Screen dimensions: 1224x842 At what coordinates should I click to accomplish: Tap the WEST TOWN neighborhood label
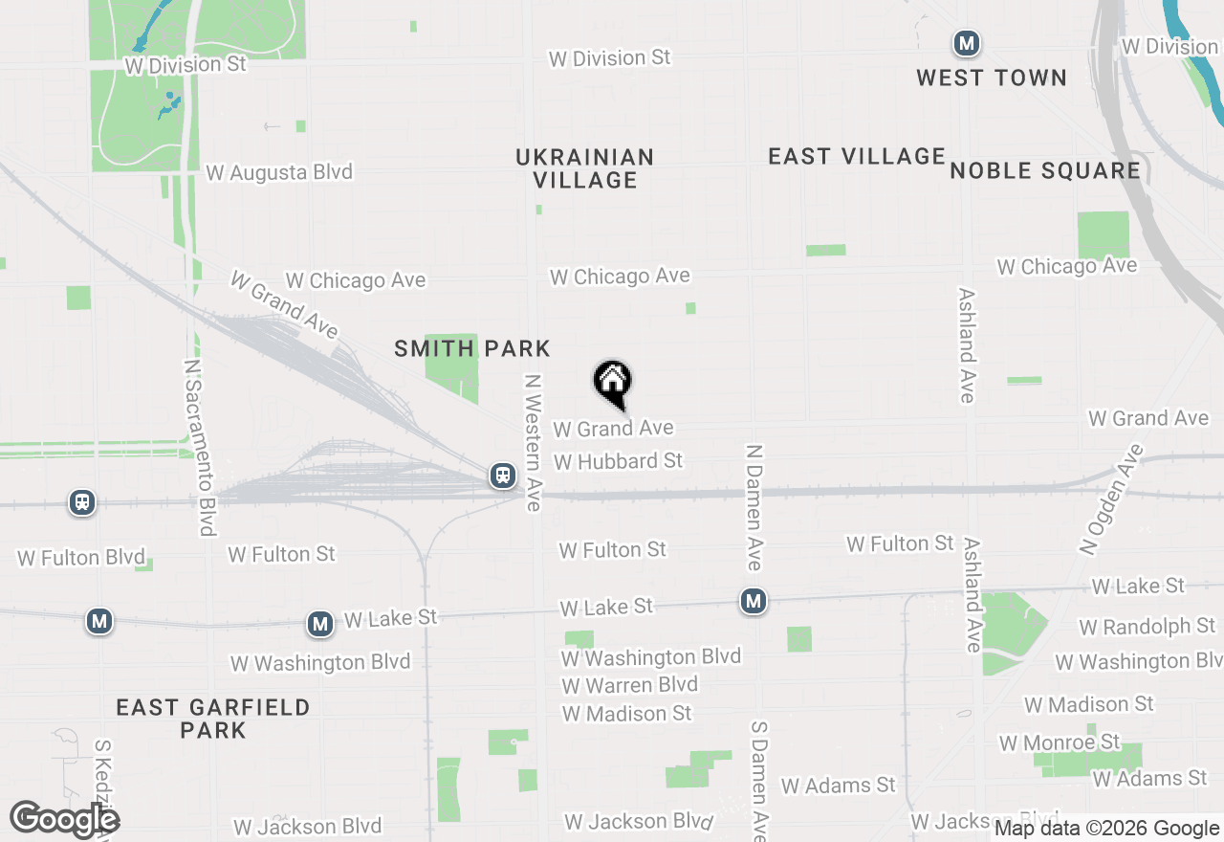[992, 78]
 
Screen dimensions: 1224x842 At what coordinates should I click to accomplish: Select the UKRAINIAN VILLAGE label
[584, 168]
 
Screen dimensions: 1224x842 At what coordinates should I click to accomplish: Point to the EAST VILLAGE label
[857, 157]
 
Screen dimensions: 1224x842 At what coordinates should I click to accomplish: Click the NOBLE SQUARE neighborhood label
[1045, 171]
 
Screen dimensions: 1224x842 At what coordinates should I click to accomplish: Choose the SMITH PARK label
[472, 349]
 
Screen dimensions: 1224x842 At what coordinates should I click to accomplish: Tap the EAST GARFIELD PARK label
[213, 719]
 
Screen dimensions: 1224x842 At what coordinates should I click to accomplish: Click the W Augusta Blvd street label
[279, 173]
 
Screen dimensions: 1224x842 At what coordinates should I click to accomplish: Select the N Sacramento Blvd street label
[198, 448]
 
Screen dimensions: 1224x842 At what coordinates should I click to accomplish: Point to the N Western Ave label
[533, 442]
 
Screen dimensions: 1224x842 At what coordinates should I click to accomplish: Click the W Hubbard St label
[618, 461]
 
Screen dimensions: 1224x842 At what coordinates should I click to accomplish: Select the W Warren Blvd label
[629, 685]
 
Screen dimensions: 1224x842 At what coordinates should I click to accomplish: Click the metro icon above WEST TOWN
[967, 43]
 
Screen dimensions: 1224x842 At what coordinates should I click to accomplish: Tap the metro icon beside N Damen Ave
[754, 601]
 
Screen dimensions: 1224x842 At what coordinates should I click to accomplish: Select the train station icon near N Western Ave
[502, 475]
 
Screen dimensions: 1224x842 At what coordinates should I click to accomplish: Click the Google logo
[64, 820]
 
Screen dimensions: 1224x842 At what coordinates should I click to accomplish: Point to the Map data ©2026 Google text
[1106, 829]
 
